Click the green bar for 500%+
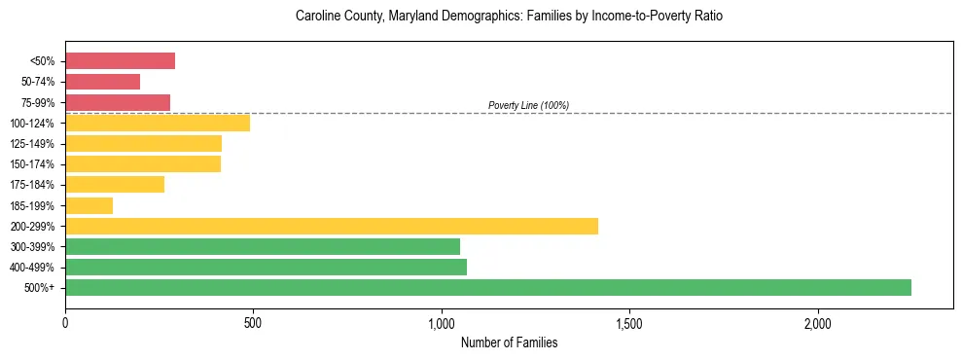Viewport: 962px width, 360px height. [488, 287]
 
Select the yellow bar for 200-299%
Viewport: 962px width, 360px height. [332, 226]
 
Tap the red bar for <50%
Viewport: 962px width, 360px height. [120, 61]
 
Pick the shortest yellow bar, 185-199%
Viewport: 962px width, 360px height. [89, 205]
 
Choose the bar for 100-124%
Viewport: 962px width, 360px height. [158, 123]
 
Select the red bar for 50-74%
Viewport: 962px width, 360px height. [102, 82]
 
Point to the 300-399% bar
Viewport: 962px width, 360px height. [263, 246]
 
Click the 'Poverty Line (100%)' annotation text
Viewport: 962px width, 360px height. [528, 105]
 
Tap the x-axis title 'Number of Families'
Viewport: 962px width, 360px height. [509, 342]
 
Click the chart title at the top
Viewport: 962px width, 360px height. [509, 17]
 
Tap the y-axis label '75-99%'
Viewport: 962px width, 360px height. [38, 103]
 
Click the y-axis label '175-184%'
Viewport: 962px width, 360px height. [33, 185]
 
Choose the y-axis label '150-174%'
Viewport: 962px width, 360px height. [33, 164]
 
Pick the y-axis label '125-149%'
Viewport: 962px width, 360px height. [33, 144]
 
